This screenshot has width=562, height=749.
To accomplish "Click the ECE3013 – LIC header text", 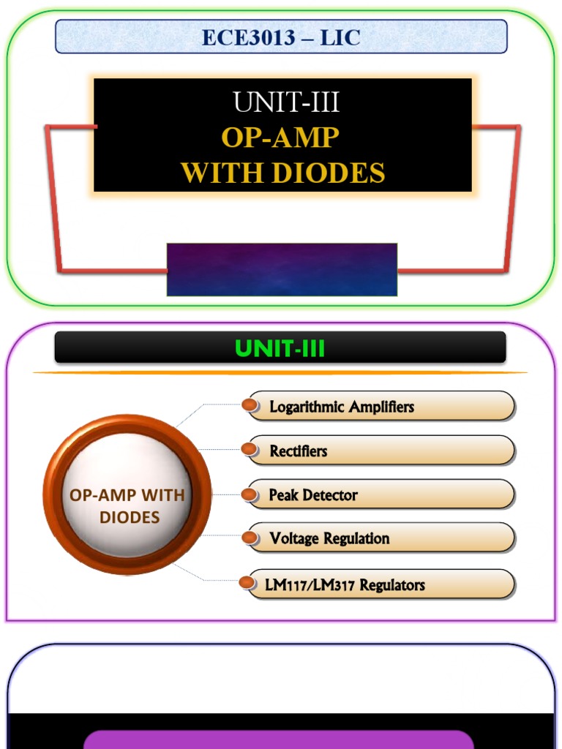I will tap(281, 37).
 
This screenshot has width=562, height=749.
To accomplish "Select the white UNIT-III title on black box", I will tap(286, 103).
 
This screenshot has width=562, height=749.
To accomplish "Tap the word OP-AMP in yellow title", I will tap(280, 138).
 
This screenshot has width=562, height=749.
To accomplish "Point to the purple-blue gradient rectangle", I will tap(282, 269).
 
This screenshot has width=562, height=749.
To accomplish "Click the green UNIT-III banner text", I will tap(281, 349).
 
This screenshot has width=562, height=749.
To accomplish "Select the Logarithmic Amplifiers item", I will tap(342, 407).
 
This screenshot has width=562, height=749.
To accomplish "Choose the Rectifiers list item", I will tap(298, 451).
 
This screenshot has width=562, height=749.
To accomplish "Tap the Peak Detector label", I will tap(313, 495).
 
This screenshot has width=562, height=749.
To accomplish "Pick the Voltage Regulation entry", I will tap(329, 539).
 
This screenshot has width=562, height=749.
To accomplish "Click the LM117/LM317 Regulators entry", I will tap(345, 585).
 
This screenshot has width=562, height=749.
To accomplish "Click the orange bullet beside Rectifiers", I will tap(251, 450).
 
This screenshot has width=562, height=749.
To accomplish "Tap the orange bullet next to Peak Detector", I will tap(250, 495).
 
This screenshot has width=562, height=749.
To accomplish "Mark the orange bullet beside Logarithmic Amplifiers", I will tap(251, 405).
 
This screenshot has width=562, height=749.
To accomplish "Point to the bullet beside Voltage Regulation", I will tap(251, 539).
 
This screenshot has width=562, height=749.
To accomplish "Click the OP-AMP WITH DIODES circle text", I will tap(127, 506).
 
